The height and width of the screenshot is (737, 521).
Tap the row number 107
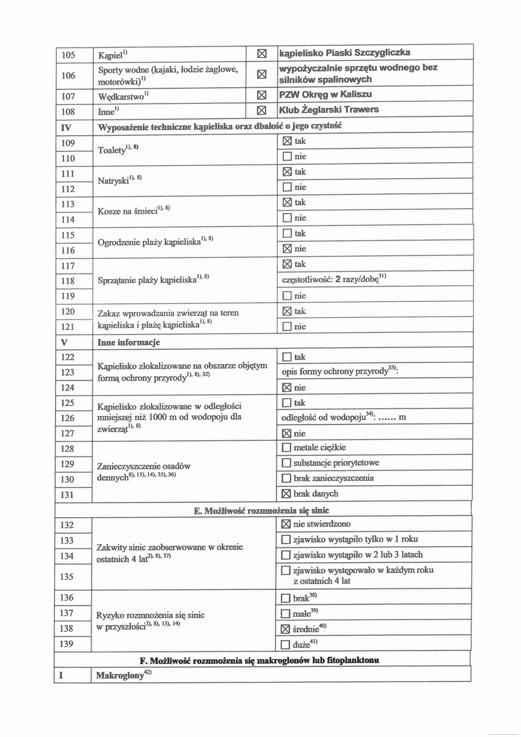(x=68, y=96)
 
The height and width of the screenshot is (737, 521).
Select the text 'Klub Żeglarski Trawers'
(x=329, y=110)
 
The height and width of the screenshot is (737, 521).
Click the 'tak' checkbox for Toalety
(x=287, y=141)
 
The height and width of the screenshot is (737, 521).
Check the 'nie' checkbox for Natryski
(x=287, y=187)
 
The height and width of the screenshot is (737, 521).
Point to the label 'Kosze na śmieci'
(x=128, y=211)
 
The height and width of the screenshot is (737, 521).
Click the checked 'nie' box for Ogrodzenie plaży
(x=287, y=249)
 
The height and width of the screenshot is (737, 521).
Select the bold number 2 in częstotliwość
(x=338, y=279)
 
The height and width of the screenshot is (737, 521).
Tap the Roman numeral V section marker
(x=64, y=342)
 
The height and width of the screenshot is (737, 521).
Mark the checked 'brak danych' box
(x=286, y=494)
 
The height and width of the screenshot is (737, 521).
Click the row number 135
(x=67, y=577)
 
